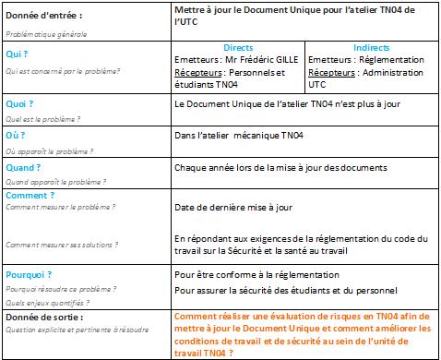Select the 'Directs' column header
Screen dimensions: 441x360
[x=239, y=47]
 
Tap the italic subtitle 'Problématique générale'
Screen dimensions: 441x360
[x=41, y=31]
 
